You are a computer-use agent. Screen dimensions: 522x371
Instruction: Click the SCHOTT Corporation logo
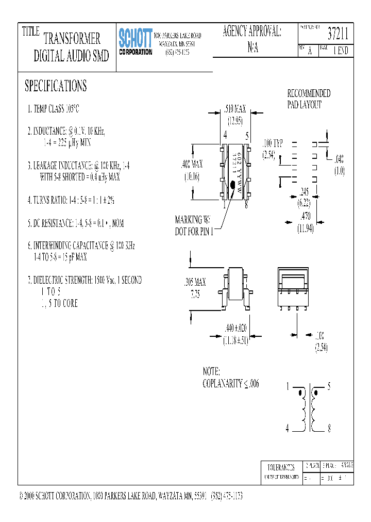coord(136,41)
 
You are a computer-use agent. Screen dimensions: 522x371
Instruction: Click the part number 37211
coord(338,35)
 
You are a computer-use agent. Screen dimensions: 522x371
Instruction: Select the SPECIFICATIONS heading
coord(56,86)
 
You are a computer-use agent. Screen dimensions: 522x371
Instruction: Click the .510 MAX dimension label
coord(235,109)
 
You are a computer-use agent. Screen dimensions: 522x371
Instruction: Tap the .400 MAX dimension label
coord(192,165)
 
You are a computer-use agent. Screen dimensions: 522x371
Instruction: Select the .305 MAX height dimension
coord(195,282)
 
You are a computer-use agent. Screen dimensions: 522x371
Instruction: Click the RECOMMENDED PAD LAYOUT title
coord(308,99)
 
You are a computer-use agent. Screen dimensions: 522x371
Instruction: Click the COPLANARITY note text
coord(231,383)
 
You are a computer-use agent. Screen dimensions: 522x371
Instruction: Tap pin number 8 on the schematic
coord(329,428)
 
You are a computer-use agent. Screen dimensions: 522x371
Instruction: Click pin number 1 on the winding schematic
coord(288,385)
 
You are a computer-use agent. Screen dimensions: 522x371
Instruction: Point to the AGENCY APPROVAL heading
coord(252,31)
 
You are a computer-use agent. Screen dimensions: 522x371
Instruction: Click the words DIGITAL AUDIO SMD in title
coord(71,57)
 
